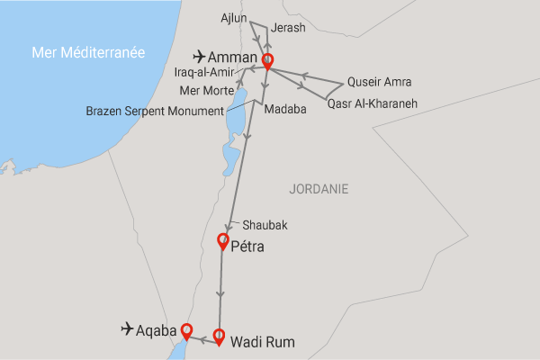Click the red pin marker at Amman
266,61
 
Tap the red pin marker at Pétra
223,240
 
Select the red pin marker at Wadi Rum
218,337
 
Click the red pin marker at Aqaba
186,329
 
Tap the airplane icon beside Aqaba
127,329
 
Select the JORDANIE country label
319,189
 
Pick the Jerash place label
288,28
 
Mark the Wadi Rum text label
263,342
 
